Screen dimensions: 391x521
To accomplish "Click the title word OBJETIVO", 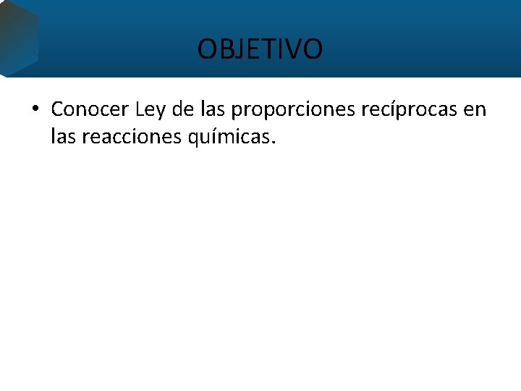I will (x=260, y=49).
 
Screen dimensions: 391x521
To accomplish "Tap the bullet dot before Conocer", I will (x=35, y=110).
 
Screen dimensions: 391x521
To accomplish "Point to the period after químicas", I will (x=274, y=141).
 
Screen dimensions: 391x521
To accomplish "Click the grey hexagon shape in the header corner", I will (x=17, y=36).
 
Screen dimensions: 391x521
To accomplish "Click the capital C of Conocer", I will (x=57, y=110).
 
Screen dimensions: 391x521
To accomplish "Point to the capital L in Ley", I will (x=139, y=110).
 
